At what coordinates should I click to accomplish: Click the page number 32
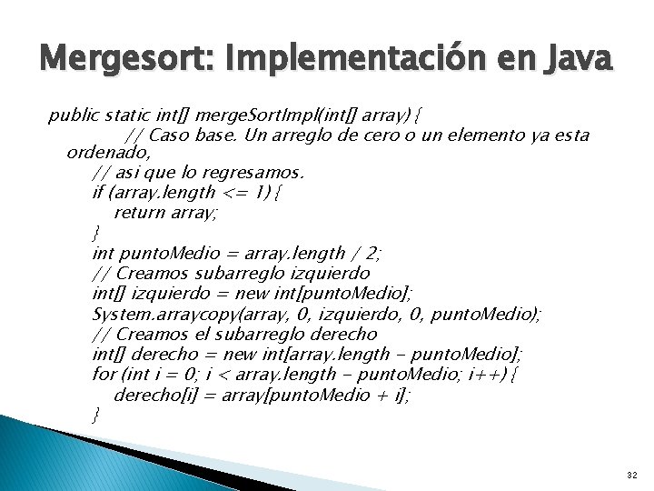point(632,476)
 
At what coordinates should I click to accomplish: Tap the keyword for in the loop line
point(104,374)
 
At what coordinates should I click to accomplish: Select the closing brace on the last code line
point(96,415)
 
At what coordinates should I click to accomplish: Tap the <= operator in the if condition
point(236,193)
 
